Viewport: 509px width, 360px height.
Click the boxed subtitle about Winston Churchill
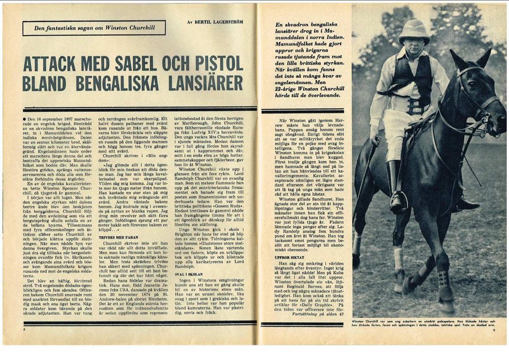coord(94,28)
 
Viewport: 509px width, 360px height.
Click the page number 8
coord(25,328)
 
